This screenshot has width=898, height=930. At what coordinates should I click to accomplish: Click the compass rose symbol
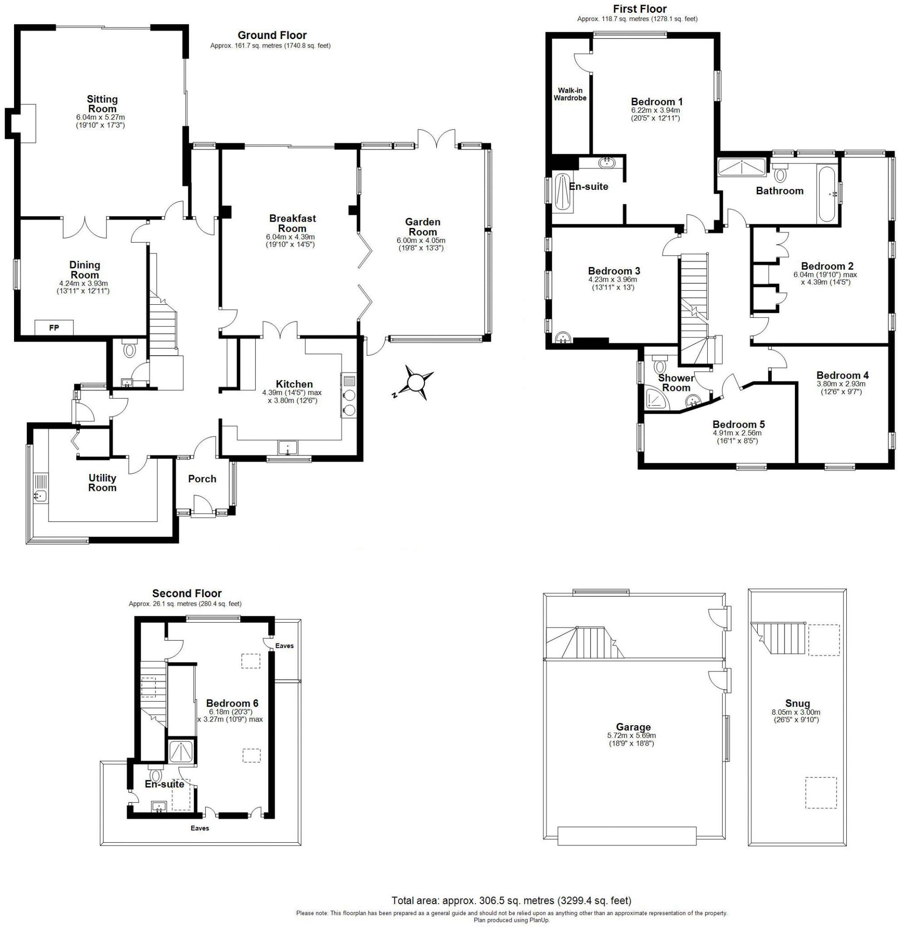pos(416,381)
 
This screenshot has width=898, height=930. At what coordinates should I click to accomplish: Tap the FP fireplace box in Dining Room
pos(54,327)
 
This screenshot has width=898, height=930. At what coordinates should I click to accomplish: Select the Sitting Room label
pos(102,104)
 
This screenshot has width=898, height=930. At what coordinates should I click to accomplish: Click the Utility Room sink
pos(40,496)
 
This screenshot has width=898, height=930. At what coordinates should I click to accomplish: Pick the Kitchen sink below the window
pos(288,447)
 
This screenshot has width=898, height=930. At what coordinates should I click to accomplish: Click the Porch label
pos(202,479)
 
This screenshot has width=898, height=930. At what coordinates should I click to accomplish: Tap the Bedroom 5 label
pos(738,424)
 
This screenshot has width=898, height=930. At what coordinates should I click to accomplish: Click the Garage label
pos(633,727)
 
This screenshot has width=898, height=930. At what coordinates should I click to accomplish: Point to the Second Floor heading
pos(187,593)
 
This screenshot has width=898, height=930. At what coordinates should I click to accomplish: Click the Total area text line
pos(511,900)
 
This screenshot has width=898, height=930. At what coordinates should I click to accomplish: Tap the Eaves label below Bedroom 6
pos(200,828)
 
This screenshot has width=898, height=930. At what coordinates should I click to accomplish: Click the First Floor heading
pos(640,9)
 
